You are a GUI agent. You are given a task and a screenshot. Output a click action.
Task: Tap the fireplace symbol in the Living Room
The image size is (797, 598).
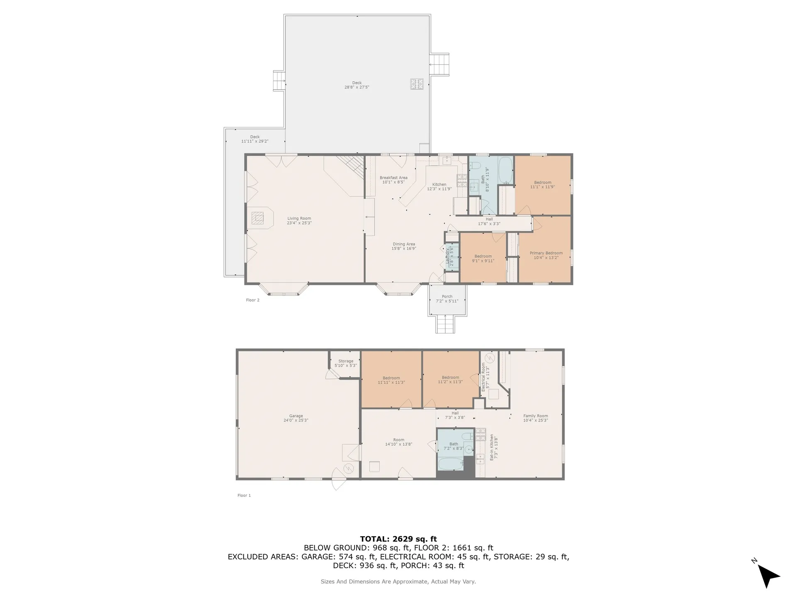258,218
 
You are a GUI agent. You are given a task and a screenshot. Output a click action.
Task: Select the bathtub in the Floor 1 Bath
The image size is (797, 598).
450,464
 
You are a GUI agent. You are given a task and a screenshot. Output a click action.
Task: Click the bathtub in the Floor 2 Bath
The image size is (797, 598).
505,170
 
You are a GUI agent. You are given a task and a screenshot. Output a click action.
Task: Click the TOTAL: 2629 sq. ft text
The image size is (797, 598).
398,539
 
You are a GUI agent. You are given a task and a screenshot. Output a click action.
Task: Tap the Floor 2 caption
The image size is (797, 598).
253,300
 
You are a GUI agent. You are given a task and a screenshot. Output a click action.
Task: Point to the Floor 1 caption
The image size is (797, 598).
244,495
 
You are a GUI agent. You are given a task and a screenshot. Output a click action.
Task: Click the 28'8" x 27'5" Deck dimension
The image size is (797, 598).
357,87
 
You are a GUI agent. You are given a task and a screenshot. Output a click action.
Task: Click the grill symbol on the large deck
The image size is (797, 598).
417,84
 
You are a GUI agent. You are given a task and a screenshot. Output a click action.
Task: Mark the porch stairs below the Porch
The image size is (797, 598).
445,324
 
